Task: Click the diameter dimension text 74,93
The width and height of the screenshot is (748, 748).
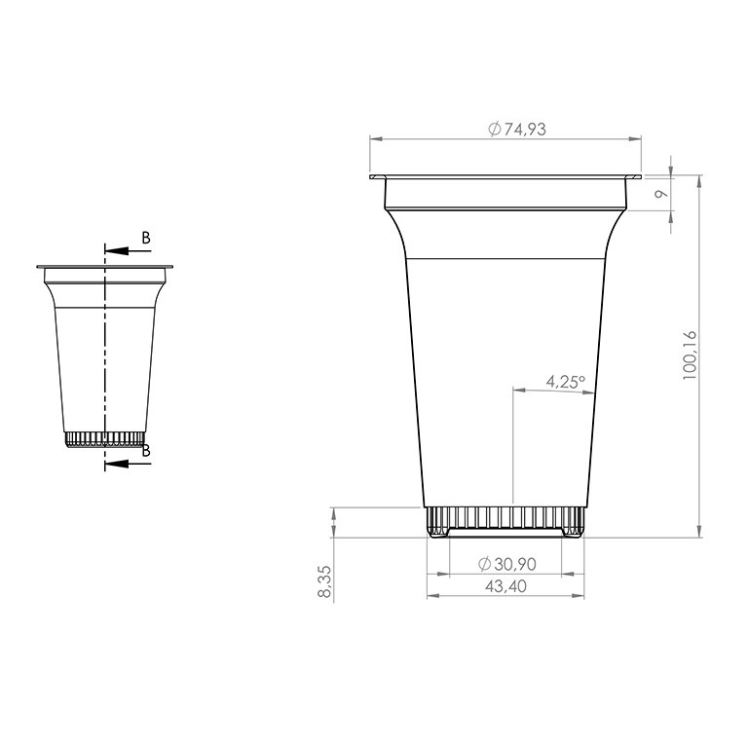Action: [x=525, y=130]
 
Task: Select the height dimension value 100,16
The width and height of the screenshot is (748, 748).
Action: [x=690, y=355]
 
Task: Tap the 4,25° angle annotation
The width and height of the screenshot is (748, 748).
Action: [x=566, y=382]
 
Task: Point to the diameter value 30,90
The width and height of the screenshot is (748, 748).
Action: [x=514, y=564]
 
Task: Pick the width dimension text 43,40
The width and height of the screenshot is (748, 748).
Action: [x=505, y=586]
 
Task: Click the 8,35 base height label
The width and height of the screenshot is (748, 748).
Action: [x=324, y=581]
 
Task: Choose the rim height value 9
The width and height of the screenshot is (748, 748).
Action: [x=660, y=194]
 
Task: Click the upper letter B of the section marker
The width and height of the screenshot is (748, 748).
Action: [x=146, y=238]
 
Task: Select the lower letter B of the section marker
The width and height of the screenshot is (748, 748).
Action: [x=146, y=450]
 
